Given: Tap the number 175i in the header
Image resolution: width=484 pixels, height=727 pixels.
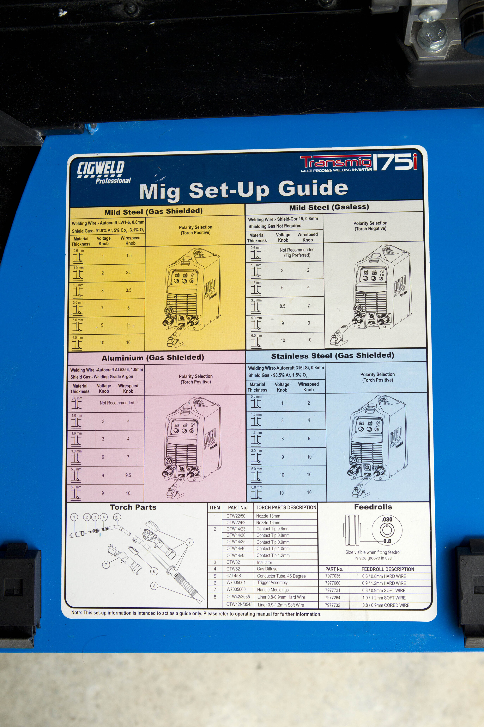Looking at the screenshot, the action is pos(395,162).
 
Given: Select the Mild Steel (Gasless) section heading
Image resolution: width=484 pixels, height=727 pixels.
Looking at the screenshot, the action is pos(329,207).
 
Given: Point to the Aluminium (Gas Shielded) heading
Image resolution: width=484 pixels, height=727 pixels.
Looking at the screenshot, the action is pos(153,358).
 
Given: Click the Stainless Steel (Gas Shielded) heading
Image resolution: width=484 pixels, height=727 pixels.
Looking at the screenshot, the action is pos(332,356).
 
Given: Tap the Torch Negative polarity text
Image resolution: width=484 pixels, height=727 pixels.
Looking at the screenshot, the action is pos(370,228).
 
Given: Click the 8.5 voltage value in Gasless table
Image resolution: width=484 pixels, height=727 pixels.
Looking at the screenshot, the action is pos(282,306).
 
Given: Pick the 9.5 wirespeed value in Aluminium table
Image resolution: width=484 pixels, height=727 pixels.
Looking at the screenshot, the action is pos(128,475).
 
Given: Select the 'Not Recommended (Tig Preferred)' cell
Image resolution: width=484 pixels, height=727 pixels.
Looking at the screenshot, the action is pos(297,252).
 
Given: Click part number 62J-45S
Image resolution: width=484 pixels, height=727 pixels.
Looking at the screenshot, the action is pos(234,576).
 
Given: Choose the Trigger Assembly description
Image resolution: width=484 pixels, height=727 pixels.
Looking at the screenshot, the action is pos(272,582).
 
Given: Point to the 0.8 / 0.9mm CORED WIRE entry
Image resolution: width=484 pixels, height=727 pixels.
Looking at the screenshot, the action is pos(386,605).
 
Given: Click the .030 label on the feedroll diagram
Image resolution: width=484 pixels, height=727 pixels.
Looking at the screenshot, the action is pos(387,519).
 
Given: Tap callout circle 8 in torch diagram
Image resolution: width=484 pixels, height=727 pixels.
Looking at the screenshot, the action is pos(154,585).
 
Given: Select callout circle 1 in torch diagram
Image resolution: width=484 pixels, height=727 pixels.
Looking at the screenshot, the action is pos(74,517).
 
